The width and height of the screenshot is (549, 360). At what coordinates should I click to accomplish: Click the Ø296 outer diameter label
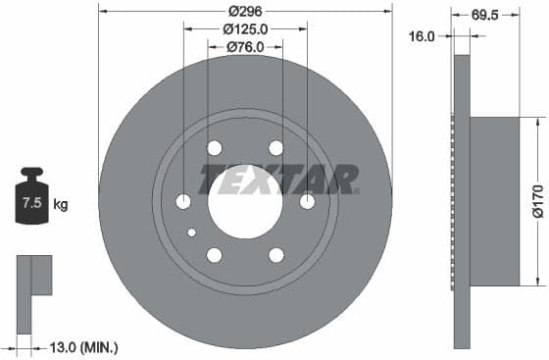coord(244,10)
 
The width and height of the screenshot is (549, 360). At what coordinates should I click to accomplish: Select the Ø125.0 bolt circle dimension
coord(245,29)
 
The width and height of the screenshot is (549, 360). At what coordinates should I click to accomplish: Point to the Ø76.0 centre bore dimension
coord(245,46)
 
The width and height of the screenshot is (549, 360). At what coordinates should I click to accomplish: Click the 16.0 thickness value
coord(422,35)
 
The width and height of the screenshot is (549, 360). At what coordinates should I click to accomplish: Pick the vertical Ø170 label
coord(537,201)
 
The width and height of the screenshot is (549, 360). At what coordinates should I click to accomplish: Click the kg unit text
coord(61,205)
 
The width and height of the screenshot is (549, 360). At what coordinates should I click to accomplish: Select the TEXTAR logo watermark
coord(279,180)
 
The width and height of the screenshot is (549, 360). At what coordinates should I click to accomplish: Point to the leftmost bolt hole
coord(182,202)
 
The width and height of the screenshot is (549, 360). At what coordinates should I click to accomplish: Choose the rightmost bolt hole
coord(308,202)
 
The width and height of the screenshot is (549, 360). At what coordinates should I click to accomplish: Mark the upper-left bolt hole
coord(214,148)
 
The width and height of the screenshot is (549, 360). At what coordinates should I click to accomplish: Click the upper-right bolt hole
coord(276,148)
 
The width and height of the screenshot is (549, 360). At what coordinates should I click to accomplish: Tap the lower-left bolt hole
coord(214,255)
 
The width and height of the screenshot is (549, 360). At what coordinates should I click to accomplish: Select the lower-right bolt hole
coord(276,255)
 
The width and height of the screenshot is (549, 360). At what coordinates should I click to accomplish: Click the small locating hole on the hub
coord(192,232)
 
